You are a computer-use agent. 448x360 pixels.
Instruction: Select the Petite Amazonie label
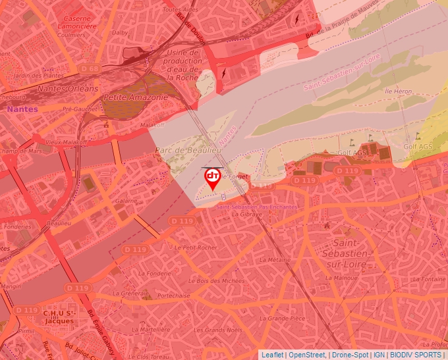coord(135,97)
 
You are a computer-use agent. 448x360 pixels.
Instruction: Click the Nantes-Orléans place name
coord(68,88)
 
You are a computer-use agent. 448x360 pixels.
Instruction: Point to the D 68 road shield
coord(89,68)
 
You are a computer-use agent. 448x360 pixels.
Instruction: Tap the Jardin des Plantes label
coord(37,76)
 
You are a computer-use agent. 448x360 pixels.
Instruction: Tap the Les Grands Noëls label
coord(223,330)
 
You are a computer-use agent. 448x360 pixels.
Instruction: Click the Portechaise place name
coord(174,296)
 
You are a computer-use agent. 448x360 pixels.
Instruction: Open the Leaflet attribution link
coord(272,355)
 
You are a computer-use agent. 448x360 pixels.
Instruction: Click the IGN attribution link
coord(379,355)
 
